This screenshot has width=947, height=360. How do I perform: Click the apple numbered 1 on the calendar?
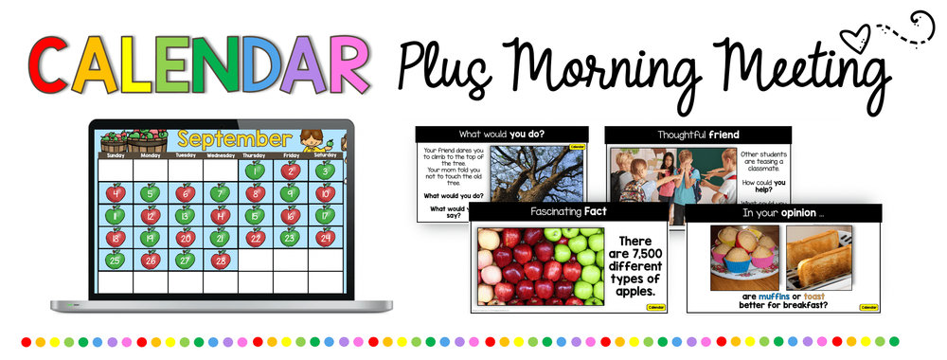coord(254,171)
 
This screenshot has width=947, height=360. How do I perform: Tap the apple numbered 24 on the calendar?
coord(324,237)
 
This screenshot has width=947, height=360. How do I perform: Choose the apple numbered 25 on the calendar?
coord(116,259)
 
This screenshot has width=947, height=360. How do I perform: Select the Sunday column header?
coord(115,155)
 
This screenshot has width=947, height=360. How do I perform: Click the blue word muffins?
coord(767,294)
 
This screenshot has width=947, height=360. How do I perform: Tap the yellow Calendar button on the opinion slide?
coord(868,306)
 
